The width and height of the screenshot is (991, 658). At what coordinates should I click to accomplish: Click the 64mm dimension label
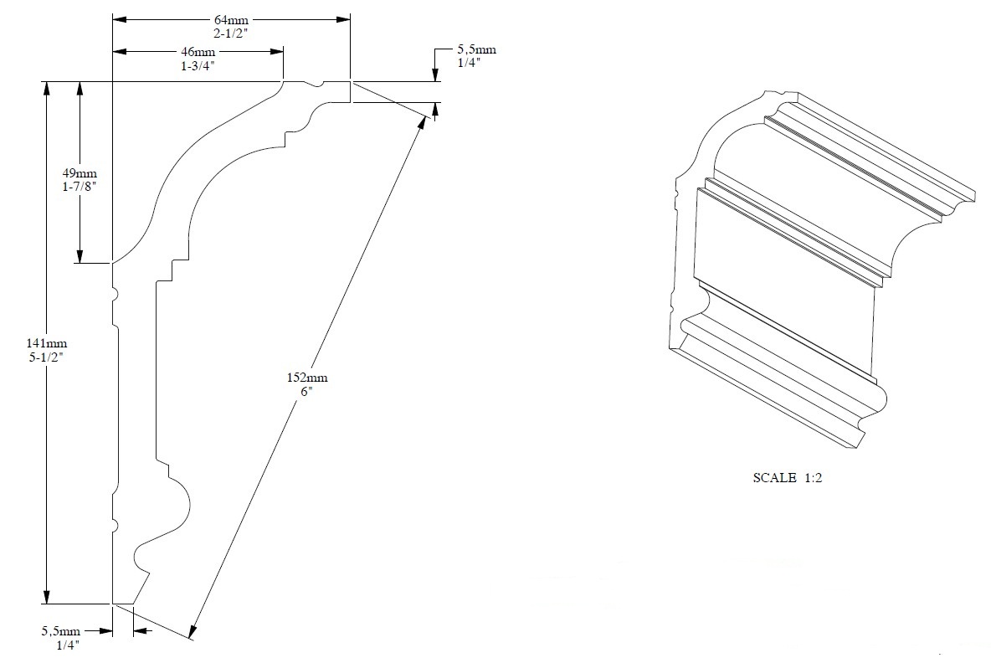tap(231, 19)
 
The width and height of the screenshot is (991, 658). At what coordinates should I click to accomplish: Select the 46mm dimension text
tap(198, 52)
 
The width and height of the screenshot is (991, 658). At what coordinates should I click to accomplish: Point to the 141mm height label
tap(47, 343)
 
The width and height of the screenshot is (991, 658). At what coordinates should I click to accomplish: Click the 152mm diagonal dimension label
tap(303, 378)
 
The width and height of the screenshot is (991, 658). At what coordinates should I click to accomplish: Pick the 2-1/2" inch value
tap(231, 32)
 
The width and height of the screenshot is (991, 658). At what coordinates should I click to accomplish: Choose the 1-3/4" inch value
tap(198, 64)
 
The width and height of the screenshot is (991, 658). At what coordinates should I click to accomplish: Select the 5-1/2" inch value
tap(47, 357)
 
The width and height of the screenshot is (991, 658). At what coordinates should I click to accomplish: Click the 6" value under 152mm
tap(303, 391)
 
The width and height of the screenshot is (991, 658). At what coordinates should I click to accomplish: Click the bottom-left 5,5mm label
tap(64, 631)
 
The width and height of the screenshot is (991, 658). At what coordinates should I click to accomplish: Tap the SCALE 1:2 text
tap(789, 478)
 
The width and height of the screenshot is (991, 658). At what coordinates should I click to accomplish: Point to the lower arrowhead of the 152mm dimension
tap(194, 632)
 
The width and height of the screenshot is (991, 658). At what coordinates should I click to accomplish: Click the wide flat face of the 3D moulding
tap(783, 276)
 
